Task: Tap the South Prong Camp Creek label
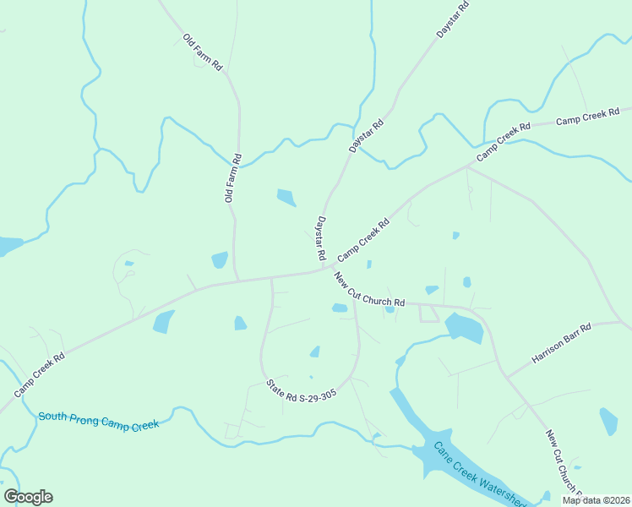[x=98, y=421]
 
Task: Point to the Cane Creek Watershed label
[x=479, y=474]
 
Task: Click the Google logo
[x=28, y=497]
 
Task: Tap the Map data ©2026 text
[x=597, y=500]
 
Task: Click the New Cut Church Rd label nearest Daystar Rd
[x=369, y=290]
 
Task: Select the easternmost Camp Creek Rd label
[x=588, y=117]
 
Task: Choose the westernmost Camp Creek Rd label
[x=39, y=375]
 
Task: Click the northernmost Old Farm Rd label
[x=202, y=52]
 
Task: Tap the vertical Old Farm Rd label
[x=233, y=177]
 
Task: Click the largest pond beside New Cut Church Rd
[x=464, y=327]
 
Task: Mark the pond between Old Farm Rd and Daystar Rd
[x=286, y=198]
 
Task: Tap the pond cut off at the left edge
[x=8, y=246]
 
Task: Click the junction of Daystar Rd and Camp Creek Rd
[x=324, y=270]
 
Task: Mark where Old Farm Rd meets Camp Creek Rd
[x=237, y=279]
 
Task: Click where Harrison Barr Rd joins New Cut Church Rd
[x=505, y=376]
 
